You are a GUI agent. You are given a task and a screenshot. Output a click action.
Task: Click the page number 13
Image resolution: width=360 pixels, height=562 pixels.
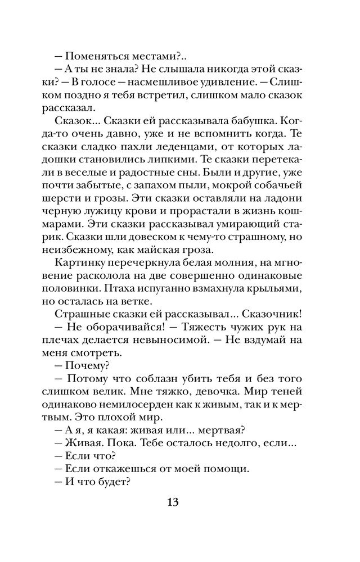(179, 502)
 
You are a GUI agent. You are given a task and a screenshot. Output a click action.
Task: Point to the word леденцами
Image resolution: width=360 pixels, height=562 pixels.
(192, 148)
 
